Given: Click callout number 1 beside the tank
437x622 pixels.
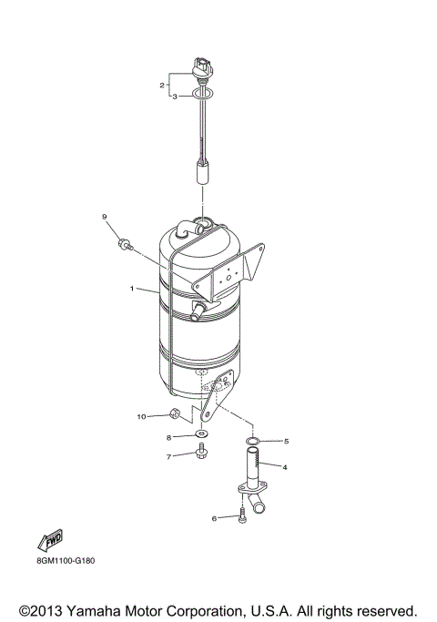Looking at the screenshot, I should [132, 289].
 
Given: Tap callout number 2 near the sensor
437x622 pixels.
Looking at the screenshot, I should [162, 85].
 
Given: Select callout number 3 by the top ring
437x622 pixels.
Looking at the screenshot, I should [175, 97].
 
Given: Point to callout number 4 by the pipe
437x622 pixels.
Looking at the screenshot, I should [285, 467].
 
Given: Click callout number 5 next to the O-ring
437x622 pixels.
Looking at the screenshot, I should [286, 441].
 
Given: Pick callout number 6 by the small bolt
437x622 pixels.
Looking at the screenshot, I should [215, 518].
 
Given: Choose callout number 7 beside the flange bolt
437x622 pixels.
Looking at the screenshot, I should [168, 455].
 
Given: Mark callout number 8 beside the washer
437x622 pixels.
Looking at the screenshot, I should [168, 437].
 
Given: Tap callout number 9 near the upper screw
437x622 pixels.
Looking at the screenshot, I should [105, 216].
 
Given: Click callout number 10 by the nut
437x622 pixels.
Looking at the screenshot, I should [141, 416].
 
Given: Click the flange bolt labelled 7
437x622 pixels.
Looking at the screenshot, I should [200, 453].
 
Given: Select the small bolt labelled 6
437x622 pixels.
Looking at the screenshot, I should [241, 519].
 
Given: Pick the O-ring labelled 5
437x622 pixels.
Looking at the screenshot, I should [254, 442].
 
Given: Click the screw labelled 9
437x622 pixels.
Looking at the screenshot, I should [124, 244].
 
